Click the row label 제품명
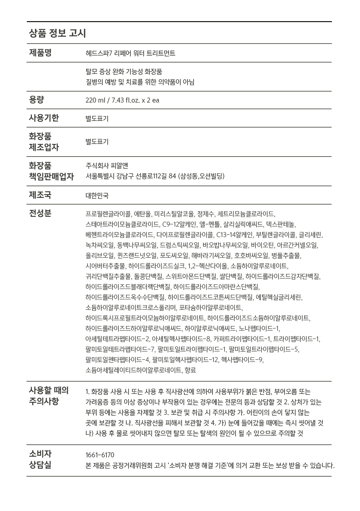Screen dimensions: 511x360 pos(40,53)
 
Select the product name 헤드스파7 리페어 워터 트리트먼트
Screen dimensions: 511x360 pos(130,53)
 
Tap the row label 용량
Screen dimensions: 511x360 pos(36,100)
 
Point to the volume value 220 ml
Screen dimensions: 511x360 pos(95,100)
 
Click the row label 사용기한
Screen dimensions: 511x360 pos(44,118)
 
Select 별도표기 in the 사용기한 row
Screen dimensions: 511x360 pos(97,119)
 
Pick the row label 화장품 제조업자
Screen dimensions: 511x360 pos(44,142)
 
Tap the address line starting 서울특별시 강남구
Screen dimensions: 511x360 pos(155,176)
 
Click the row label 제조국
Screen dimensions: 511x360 pos(40,195)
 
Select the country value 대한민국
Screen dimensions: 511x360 pos(97,195)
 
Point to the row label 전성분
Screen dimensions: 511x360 pos(40,213)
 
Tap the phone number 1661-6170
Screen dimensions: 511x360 pos(100,455)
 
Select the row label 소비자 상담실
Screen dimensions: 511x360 pos(40,460)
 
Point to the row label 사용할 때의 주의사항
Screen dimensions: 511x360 pos(49,396)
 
